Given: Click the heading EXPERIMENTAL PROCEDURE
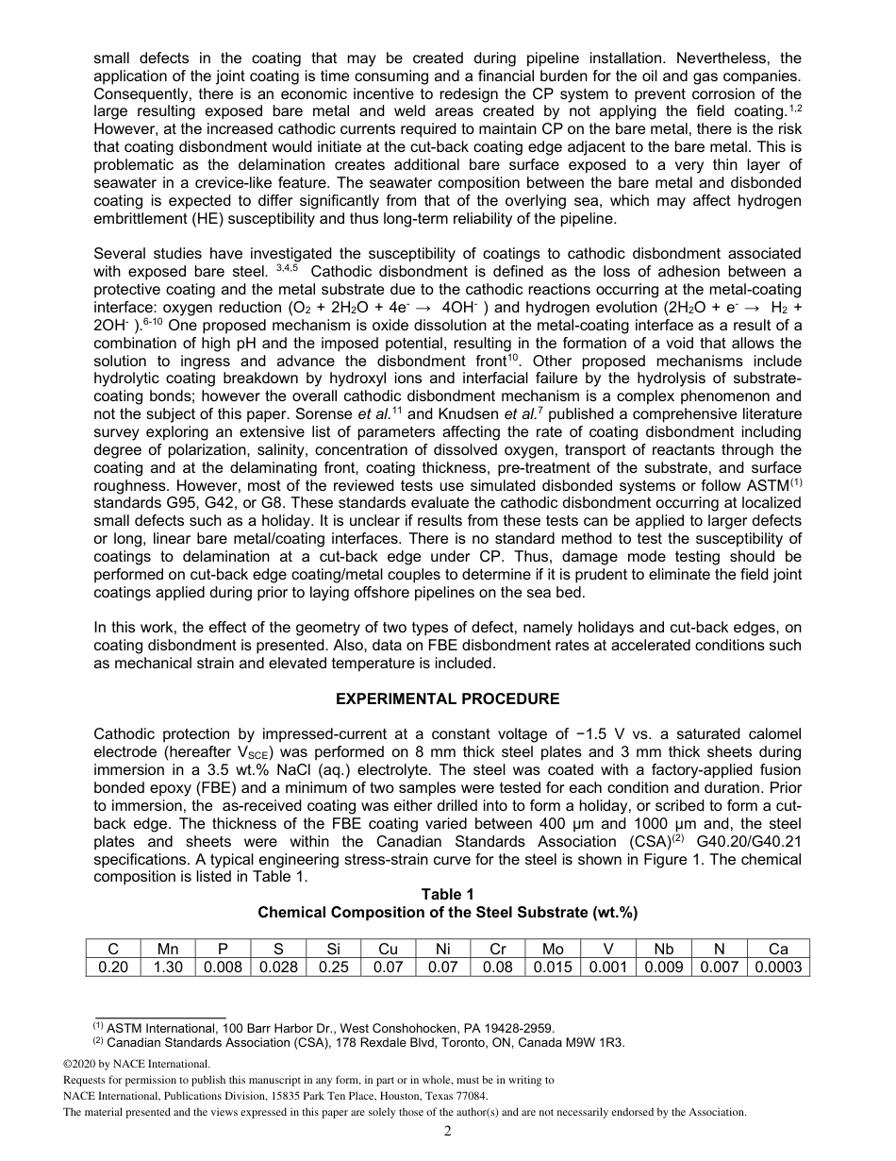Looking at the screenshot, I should click(447, 699).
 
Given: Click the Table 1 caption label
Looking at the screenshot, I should click(447, 895).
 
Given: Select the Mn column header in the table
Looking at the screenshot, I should click(168, 950).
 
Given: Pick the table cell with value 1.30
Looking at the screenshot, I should click(168, 967).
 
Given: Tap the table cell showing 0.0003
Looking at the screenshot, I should click(777, 967).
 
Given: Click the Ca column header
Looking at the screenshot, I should click(777, 950).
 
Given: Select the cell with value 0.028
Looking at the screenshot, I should click(277, 967).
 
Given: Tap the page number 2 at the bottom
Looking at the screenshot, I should click(448, 1133).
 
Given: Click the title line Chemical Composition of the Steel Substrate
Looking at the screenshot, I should click(447, 913).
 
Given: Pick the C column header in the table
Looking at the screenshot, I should click(113, 950).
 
